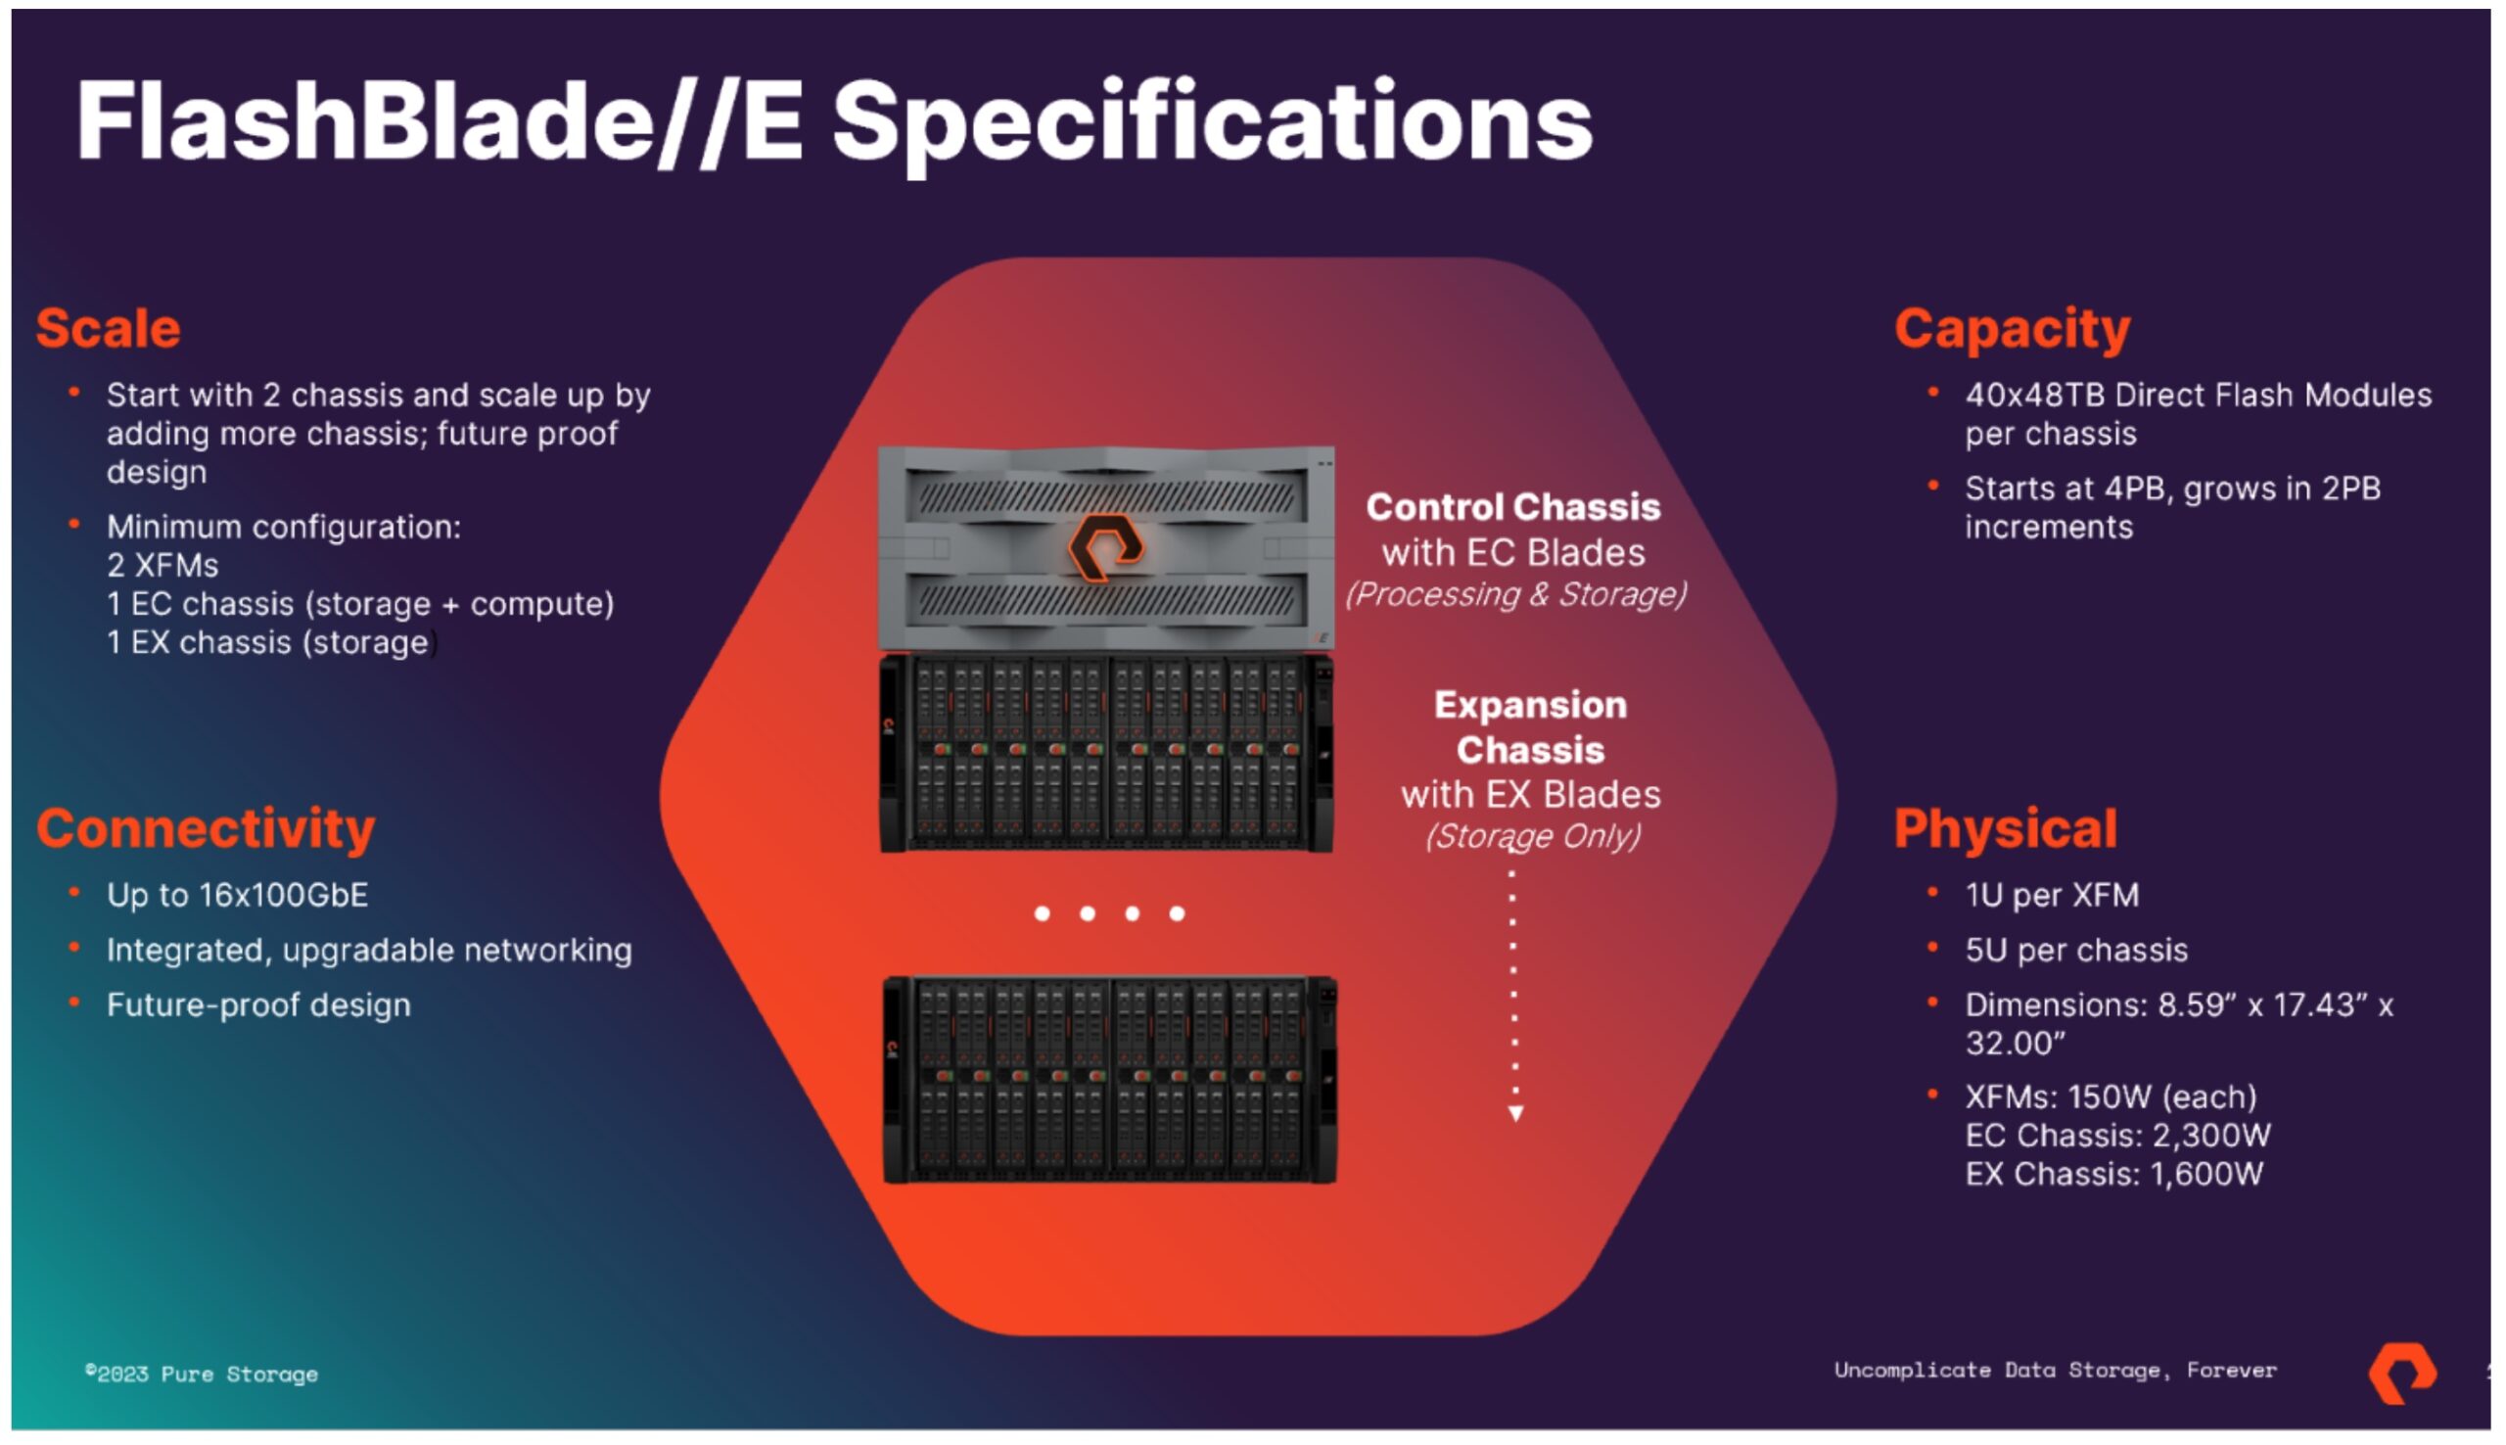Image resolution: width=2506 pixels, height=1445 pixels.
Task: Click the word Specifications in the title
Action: (x=1212, y=124)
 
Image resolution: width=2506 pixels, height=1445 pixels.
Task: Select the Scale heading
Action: (x=108, y=329)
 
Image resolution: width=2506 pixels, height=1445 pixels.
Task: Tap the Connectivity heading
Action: (x=206, y=828)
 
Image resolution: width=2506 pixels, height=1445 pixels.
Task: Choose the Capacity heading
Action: (x=2012, y=329)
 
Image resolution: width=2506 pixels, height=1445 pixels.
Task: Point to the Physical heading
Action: (x=2005, y=828)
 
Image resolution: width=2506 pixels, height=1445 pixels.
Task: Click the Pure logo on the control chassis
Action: (x=1105, y=547)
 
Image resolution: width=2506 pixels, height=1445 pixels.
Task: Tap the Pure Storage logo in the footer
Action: (x=2402, y=1374)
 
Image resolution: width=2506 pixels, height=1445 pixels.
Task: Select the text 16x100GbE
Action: (x=283, y=895)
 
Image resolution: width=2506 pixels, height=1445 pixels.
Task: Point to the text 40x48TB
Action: (x=2035, y=395)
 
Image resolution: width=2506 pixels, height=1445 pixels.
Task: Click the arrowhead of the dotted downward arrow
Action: (x=1516, y=1113)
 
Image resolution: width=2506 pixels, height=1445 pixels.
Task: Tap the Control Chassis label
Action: (x=1513, y=507)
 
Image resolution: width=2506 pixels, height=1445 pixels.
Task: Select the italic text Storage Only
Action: (x=1533, y=836)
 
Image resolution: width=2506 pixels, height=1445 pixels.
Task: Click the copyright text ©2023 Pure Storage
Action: (x=203, y=1374)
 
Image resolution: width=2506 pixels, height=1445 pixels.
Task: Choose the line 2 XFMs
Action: (x=162, y=566)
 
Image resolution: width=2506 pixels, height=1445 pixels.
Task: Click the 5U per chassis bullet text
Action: (x=2075, y=951)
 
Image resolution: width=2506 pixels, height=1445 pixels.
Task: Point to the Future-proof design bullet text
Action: (x=257, y=1005)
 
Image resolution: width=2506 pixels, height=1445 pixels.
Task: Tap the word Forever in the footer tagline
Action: (x=2231, y=1371)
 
